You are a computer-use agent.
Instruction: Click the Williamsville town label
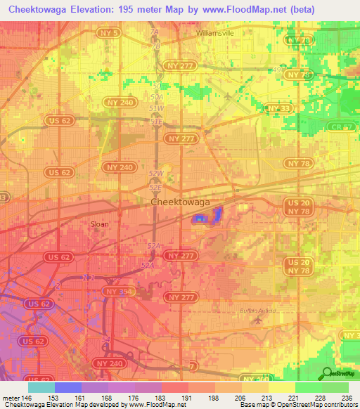pyautogui.click(x=215, y=33)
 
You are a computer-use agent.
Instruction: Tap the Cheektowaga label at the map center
pyautogui.click(x=180, y=202)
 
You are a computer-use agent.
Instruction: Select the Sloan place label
pyautogui.click(x=100, y=226)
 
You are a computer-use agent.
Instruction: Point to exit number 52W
pyautogui.click(x=156, y=174)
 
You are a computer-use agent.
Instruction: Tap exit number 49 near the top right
pyautogui.click(x=276, y=70)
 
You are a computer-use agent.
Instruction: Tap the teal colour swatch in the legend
pyautogui.click(x=41, y=387)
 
